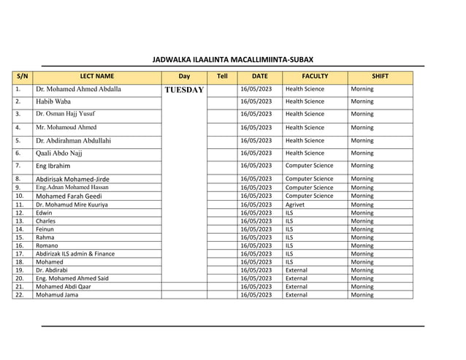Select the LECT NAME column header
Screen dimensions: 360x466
click(96, 76)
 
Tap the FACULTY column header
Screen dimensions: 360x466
click(315, 76)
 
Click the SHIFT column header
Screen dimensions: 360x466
click(380, 76)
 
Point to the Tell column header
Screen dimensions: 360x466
click(222, 76)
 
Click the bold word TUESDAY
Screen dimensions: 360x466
click(184, 90)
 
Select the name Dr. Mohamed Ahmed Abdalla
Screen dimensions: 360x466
click(78, 89)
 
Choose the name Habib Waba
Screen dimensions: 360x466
click(53, 102)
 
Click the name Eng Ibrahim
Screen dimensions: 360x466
click(53, 166)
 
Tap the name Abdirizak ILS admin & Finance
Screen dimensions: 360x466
click(75, 254)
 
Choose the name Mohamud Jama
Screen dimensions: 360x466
click(56, 295)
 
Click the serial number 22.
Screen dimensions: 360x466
click(19, 295)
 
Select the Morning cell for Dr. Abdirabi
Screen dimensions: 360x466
click(362, 270)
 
